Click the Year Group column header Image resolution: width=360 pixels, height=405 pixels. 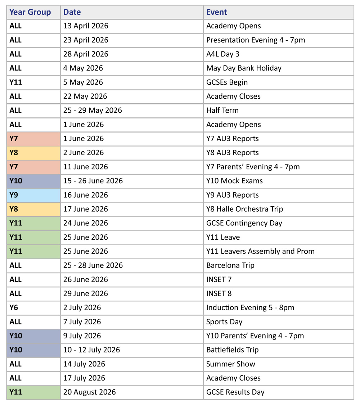coord(30,12)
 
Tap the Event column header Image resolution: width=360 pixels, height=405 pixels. coord(217,12)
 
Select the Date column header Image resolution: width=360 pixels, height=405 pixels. coord(72,12)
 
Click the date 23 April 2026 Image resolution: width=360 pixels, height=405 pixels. coord(86,40)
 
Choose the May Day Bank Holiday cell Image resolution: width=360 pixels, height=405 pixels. coord(244,68)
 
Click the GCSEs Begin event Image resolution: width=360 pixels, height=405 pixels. coord(227,82)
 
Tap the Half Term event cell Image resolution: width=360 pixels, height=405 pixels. coord(222,110)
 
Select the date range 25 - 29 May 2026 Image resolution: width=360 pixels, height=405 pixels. coord(93,110)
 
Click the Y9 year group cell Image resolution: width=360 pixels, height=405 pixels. coord(14,195)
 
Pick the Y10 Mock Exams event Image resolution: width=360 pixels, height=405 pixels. coord(234,181)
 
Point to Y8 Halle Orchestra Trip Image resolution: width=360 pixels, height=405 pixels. coord(244,209)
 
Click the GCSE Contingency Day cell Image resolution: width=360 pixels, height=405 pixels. coord(244,223)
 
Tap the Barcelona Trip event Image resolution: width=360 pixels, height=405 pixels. coord(230,265)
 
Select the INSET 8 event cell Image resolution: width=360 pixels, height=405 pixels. coord(219,293)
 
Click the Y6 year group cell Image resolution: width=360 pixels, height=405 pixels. coord(14,307)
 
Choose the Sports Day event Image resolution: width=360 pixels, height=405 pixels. coord(224,322)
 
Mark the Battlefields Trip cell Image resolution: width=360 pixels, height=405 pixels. coord(232,350)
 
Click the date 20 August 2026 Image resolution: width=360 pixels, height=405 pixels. coord(89,392)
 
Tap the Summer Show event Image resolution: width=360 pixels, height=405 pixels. coord(231,364)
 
